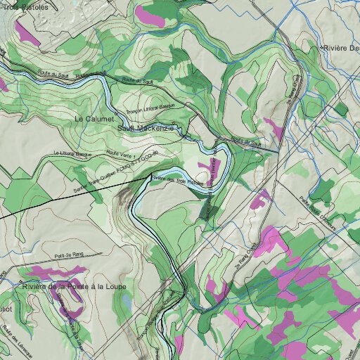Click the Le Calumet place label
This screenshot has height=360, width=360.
(94, 120)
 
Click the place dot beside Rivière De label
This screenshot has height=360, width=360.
(321, 47)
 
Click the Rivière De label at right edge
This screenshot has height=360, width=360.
(341, 47)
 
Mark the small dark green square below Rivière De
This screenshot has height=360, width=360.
(340, 109)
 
